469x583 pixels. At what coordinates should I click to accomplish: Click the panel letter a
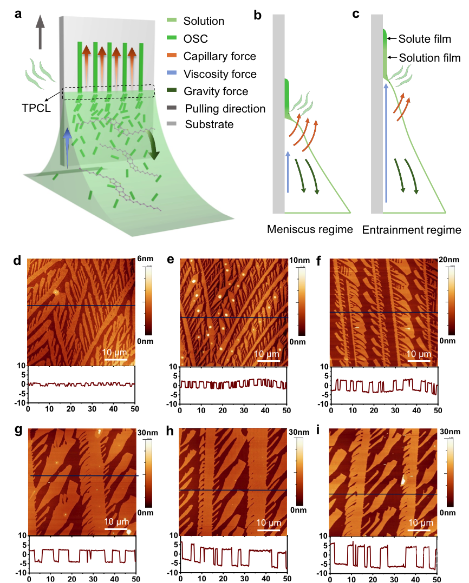tap(18, 14)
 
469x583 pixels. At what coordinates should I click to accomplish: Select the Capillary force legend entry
tap(219, 56)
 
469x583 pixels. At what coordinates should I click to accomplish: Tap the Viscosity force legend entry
tap(219, 74)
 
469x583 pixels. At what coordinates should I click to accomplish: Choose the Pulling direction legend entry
tap(225, 109)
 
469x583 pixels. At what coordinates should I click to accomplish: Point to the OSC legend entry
tap(196, 39)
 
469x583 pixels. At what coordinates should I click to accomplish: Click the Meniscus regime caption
tap(310, 230)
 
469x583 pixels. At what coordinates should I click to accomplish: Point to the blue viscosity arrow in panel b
tap(288, 172)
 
